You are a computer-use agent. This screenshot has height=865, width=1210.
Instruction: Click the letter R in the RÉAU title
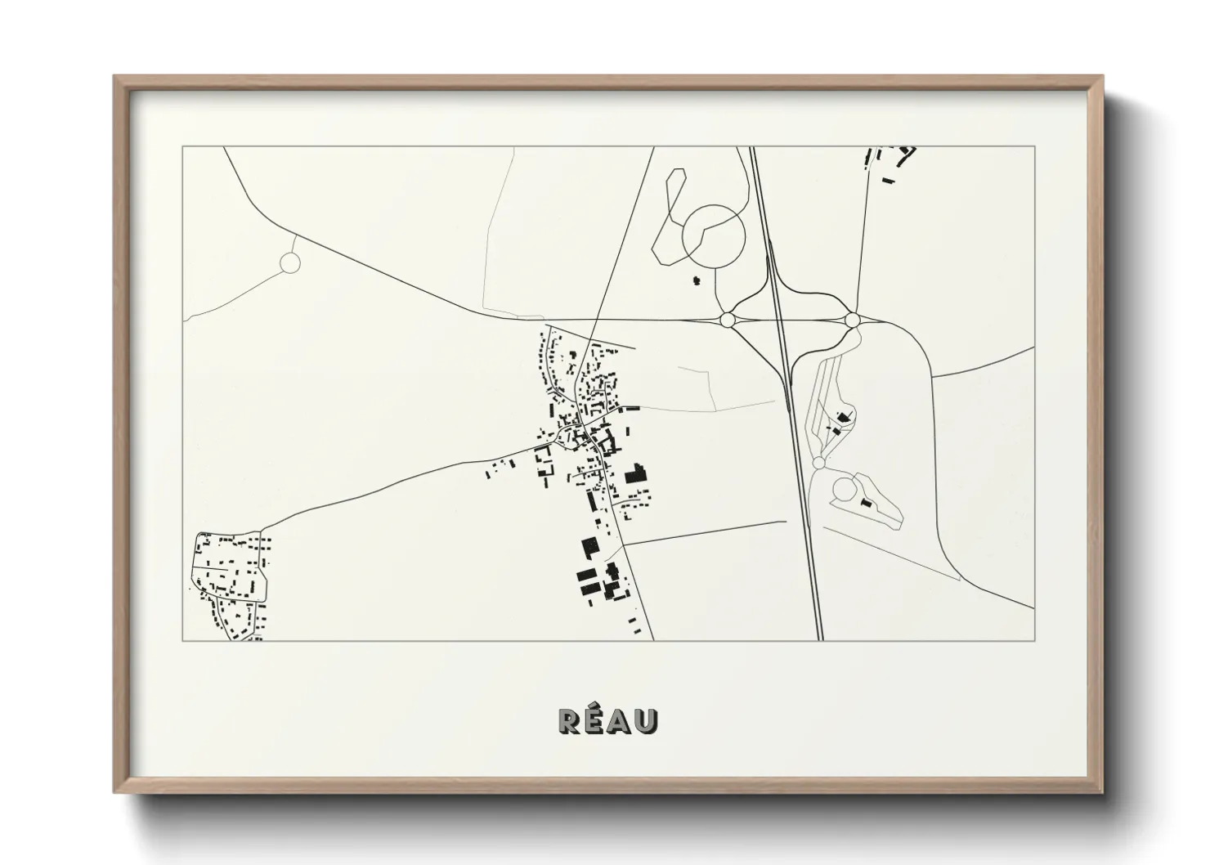click(x=569, y=720)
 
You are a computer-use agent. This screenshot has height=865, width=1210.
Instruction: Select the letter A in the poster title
click(x=620, y=720)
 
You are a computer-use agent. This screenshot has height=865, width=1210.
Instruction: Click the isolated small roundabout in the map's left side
click(x=290, y=262)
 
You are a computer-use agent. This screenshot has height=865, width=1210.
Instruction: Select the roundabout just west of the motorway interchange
click(x=727, y=318)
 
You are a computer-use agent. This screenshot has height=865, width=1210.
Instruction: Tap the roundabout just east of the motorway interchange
click(x=852, y=319)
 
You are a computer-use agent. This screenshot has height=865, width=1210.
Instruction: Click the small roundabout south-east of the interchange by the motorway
click(x=819, y=463)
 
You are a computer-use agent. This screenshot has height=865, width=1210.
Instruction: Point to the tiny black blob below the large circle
click(x=697, y=281)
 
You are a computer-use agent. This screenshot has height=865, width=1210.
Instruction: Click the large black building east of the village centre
click(x=635, y=473)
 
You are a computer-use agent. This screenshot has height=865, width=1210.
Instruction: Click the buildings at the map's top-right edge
click(x=890, y=160)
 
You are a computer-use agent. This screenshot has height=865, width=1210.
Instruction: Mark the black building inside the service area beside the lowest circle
click(x=867, y=503)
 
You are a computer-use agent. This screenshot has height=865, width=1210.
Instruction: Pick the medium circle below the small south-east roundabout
click(x=844, y=491)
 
